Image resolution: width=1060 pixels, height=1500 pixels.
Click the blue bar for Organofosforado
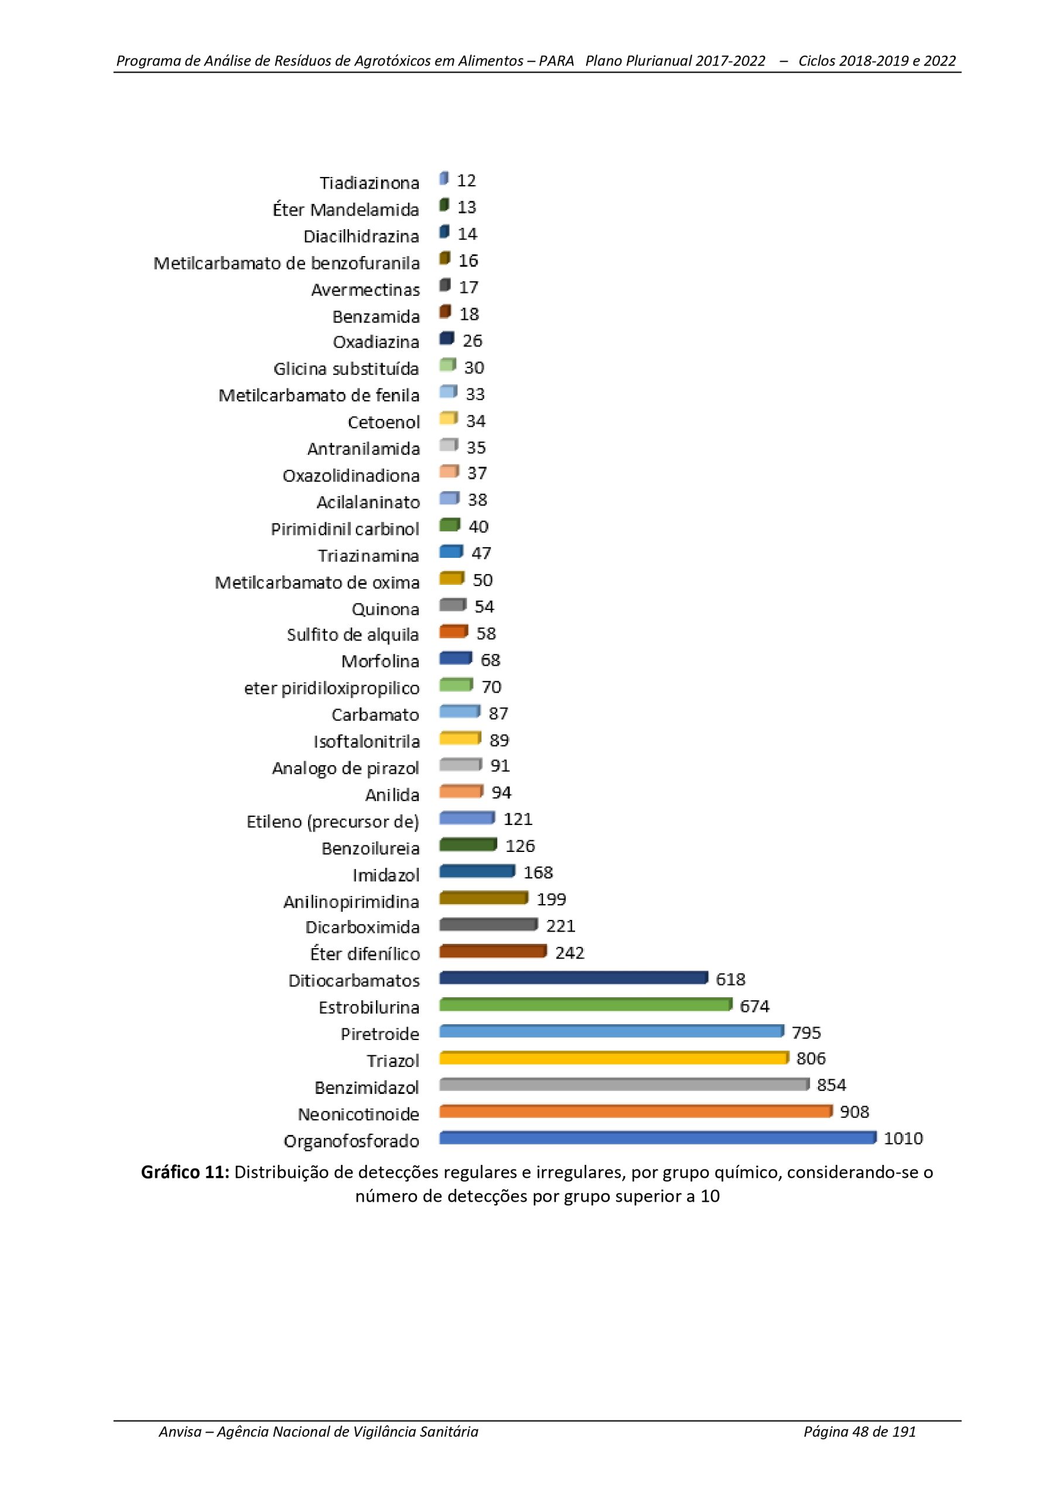(x=658, y=1138)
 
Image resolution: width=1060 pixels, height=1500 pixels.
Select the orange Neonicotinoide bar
(x=636, y=1112)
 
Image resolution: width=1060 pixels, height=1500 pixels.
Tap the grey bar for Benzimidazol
(x=624, y=1085)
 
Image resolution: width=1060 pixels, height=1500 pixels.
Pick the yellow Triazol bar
(x=614, y=1058)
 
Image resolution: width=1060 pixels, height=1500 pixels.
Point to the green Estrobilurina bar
(x=586, y=1004)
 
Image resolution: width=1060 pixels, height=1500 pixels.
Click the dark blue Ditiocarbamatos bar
(x=573, y=977)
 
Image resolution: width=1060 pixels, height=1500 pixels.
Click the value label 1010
(x=903, y=1138)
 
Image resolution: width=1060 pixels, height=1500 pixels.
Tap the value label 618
(x=730, y=979)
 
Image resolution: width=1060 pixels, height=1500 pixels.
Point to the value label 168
(x=538, y=872)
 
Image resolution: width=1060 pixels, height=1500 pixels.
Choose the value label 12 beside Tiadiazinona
(x=466, y=180)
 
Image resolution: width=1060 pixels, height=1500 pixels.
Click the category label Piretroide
(x=380, y=1034)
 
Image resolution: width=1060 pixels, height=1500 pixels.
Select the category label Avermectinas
(x=365, y=289)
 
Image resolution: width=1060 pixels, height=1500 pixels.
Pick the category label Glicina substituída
(x=346, y=369)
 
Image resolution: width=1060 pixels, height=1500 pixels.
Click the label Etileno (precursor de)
(x=333, y=822)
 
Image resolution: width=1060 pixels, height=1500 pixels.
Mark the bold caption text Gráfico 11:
(x=186, y=1172)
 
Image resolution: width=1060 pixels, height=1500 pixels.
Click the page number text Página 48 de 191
(x=860, y=1431)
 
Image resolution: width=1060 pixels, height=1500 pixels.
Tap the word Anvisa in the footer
(x=180, y=1431)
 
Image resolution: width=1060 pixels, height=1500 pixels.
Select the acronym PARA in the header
(x=556, y=61)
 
